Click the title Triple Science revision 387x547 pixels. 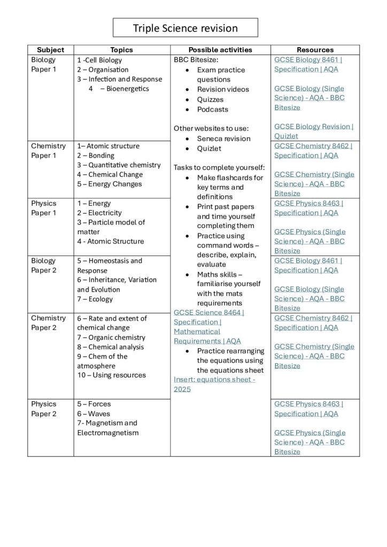click(x=185, y=28)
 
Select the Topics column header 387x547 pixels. click(x=121, y=50)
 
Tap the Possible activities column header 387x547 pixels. click(x=220, y=50)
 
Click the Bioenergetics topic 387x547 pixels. click(x=124, y=89)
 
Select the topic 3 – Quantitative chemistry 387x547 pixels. click(x=119, y=165)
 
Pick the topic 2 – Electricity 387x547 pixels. click(x=99, y=213)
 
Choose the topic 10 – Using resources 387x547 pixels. click(x=111, y=375)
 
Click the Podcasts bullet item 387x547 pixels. click(x=212, y=110)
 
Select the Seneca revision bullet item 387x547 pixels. click(x=223, y=139)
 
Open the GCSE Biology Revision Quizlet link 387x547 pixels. click(x=314, y=131)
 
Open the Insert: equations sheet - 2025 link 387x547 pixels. click(x=214, y=384)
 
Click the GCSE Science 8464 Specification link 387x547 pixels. click(x=208, y=326)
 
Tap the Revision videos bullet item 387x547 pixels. click(x=223, y=89)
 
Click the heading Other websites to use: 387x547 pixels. click(x=211, y=128)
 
